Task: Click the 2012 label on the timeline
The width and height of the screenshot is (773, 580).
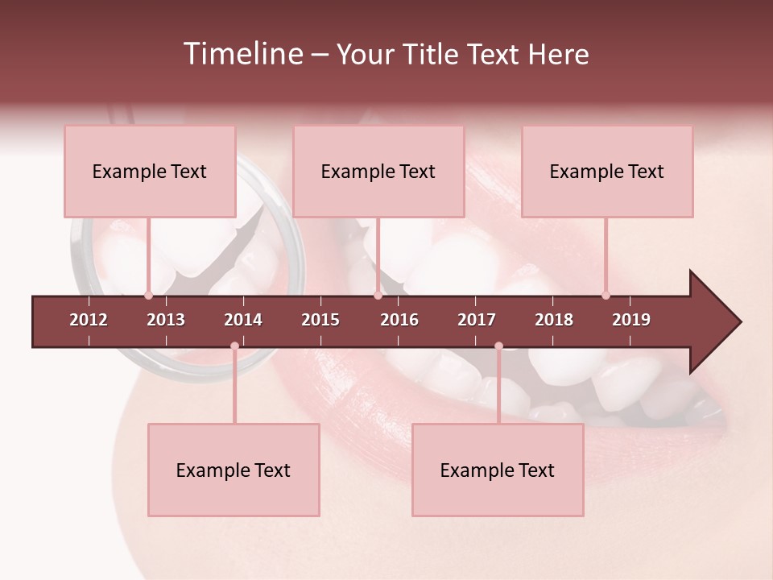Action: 89,320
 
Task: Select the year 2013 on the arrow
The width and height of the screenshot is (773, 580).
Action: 166,320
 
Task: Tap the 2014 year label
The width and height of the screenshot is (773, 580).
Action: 243,320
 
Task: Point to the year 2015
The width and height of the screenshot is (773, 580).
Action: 320,320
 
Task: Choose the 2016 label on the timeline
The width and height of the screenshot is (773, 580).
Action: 399,320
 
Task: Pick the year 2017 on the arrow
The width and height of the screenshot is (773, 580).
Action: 477,320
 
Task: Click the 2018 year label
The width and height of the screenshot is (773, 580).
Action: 554,320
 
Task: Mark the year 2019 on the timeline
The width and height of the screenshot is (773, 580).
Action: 631,320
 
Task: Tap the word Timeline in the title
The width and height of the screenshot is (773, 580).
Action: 242,54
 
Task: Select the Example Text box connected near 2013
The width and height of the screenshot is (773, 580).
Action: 150,172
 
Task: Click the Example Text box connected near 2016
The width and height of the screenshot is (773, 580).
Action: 378,172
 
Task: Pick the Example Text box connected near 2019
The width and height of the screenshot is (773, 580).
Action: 607,172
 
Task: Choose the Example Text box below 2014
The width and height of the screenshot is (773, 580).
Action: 234,470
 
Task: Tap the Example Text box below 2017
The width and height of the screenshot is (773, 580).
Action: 498,470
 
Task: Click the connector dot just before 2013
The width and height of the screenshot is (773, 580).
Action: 148,295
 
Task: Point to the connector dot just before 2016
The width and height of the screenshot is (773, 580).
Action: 378,295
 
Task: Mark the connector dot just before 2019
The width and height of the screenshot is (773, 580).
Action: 606,295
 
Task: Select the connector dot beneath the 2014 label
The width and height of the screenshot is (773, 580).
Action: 234,346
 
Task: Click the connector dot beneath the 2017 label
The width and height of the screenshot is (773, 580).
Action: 498,346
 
